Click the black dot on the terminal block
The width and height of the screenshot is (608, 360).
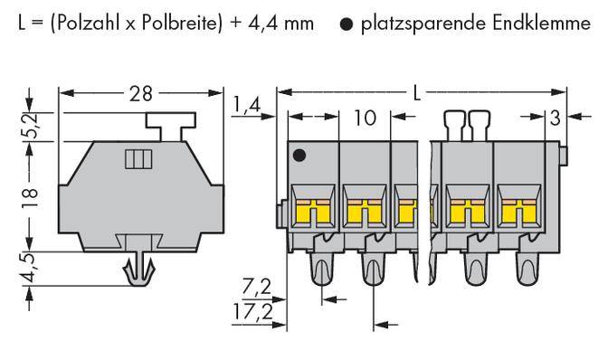pyautogui.click(x=299, y=156)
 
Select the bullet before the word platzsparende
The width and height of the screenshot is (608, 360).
pyautogui.click(x=347, y=24)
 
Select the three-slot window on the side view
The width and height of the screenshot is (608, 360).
pyautogui.click(x=136, y=159)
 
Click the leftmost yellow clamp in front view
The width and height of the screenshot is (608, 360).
pyautogui.click(x=309, y=211)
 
